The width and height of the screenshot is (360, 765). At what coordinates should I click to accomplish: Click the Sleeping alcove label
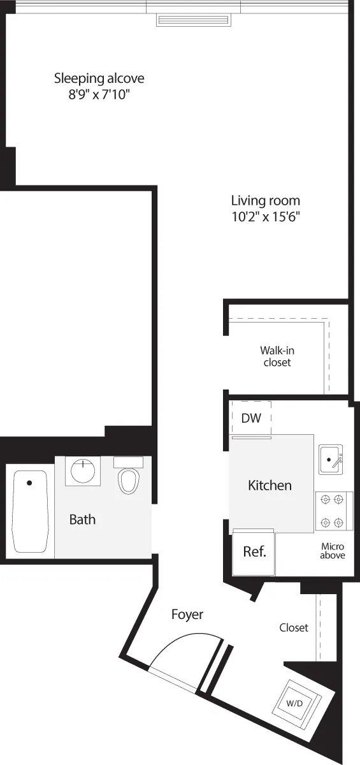(x=99, y=78)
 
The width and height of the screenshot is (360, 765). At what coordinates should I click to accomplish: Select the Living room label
(x=265, y=200)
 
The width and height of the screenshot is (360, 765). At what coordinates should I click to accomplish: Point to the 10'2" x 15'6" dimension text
(x=265, y=216)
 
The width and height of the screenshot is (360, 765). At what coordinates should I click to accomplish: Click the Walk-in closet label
(x=277, y=356)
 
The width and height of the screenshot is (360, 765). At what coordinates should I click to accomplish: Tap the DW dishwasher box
(x=251, y=418)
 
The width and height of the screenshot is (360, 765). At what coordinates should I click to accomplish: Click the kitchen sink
(x=331, y=459)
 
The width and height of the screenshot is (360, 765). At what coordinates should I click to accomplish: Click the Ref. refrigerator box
(x=254, y=552)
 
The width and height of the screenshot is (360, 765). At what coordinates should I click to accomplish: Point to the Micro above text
(x=333, y=551)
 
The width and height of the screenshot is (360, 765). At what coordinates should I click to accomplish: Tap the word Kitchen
(x=270, y=485)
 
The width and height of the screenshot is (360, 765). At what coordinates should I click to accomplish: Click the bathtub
(x=30, y=512)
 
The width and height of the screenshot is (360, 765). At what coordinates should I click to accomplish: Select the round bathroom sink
(x=83, y=472)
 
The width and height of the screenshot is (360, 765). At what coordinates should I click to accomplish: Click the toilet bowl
(x=129, y=481)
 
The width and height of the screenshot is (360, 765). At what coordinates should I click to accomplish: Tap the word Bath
(x=82, y=519)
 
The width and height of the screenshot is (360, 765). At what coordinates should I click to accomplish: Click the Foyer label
(x=187, y=615)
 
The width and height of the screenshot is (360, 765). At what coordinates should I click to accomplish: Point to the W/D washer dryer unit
(x=295, y=704)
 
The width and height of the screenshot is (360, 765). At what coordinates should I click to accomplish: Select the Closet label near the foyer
(x=294, y=628)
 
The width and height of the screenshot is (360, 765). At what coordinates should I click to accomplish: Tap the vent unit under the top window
(x=194, y=20)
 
